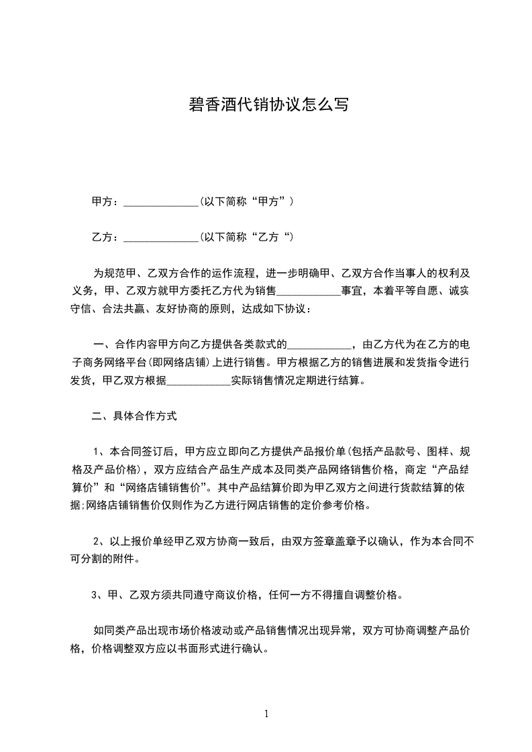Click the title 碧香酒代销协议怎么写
click(x=266, y=105)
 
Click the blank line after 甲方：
click(x=162, y=202)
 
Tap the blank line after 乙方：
click(x=162, y=238)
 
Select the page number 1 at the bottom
click(x=266, y=714)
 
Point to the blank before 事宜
click(x=309, y=292)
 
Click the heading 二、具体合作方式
click(x=134, y=416)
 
